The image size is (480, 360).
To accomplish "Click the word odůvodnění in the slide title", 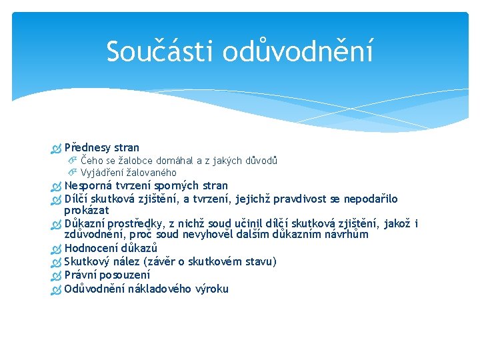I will pyautogui.click(x=297, y=51).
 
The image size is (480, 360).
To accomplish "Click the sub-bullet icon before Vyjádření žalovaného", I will pyautogui.click(x=73, y=173).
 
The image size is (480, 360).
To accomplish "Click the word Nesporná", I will pyautogui.click(x=89, y=186).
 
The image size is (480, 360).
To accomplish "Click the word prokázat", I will pyautogui.click(x=87, y=211).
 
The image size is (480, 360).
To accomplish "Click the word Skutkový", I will pyautogui.click(x=88, y=262).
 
